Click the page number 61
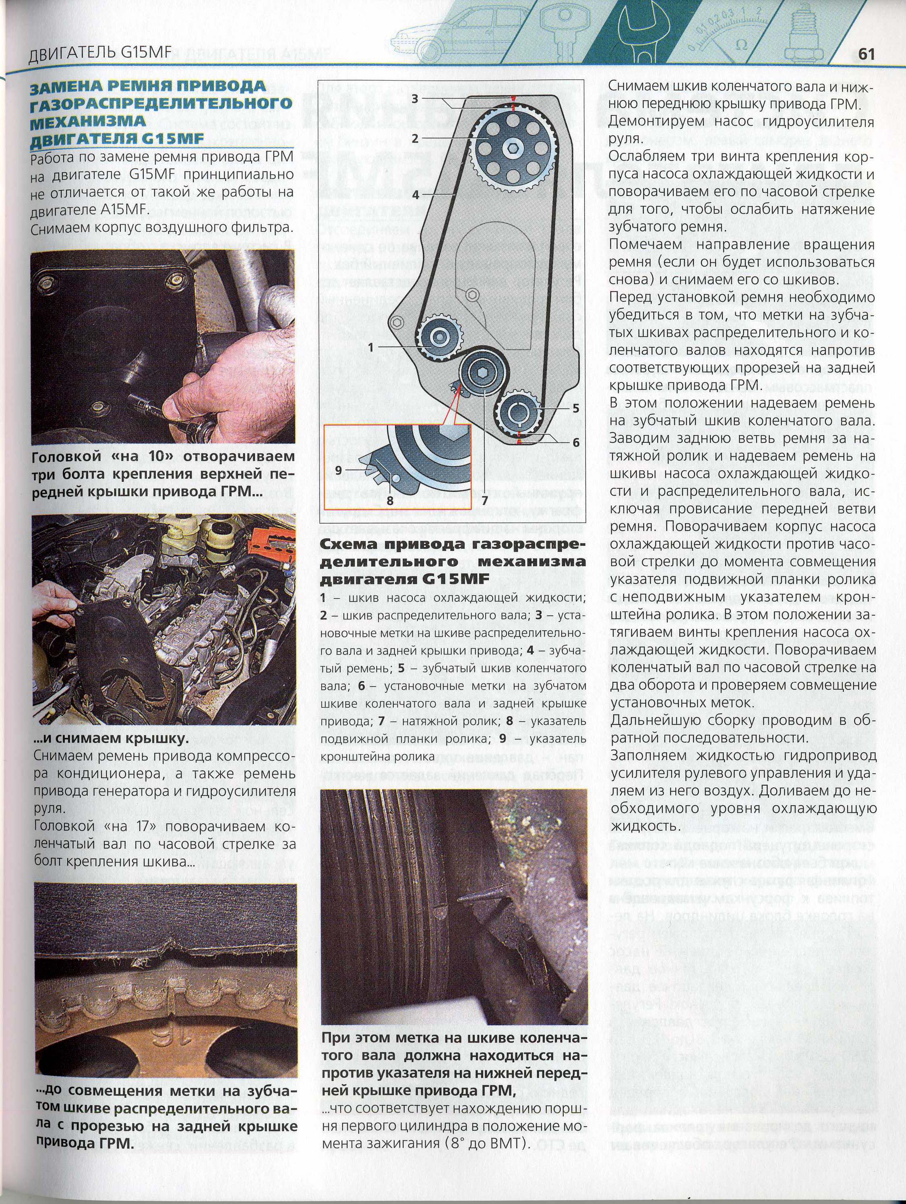866,54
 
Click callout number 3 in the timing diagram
415,99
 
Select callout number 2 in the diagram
415,139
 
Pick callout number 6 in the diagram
575,442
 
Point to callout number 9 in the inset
339,470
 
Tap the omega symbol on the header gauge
741,46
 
